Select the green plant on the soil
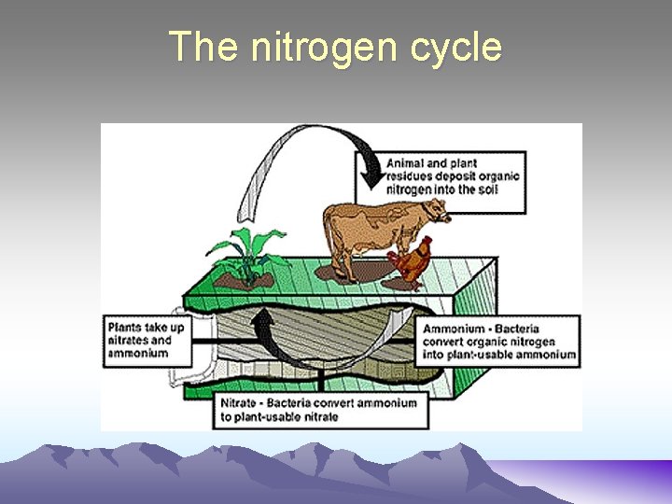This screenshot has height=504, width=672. click(x=246, y=247)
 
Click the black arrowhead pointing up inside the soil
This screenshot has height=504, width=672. click(x=266, y=326)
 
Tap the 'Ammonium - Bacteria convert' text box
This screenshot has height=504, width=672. click(x=499, y=341)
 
